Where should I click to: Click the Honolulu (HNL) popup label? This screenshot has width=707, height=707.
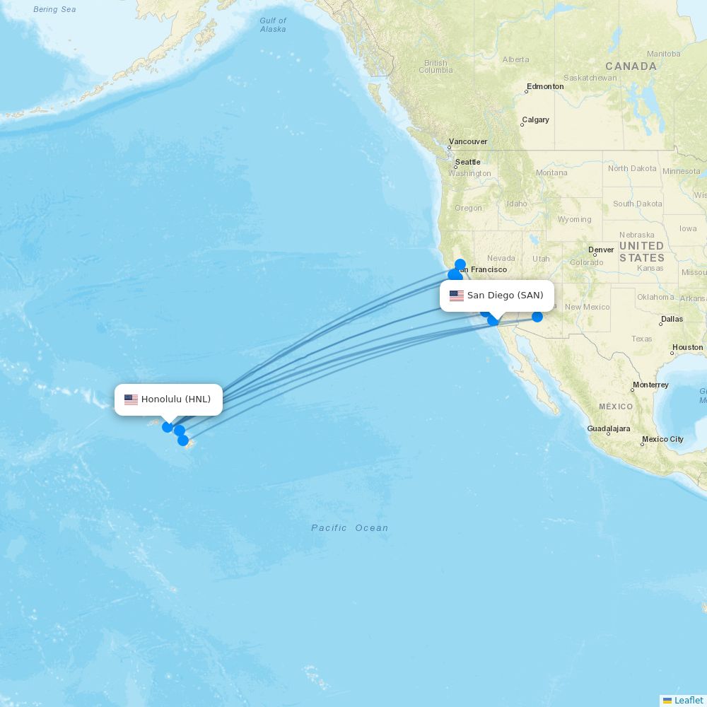coord(175,399)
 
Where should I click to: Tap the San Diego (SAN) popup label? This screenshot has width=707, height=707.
coord(505,296)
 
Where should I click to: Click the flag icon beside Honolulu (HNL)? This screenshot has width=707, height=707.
coord(131,399)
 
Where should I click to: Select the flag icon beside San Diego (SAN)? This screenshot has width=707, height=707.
coord(457,296)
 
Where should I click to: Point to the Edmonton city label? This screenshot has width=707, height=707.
coord(545,86)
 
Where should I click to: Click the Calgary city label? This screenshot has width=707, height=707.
coord(535,119)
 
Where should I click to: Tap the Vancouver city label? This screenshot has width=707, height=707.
coord(468,141)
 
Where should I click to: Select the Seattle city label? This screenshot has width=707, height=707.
coord(467,162)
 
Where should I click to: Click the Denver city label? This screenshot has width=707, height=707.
coord(601,250)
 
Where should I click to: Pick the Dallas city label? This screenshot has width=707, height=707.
coord(672,319)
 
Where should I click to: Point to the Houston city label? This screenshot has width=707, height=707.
coord(687,347)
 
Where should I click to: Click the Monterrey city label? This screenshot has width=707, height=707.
coord(650,385)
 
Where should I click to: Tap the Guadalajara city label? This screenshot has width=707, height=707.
coord(608,428)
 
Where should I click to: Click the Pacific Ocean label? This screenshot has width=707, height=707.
coord(350,528)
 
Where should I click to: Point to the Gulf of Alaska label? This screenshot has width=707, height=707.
coord(273,25)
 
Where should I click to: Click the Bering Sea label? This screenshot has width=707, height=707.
coord(54,9)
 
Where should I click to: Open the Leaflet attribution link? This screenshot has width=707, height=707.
coord(688,700)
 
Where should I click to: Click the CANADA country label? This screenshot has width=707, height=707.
coord(631,66)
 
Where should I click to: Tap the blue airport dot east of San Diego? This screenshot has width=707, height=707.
coord(537,317)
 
